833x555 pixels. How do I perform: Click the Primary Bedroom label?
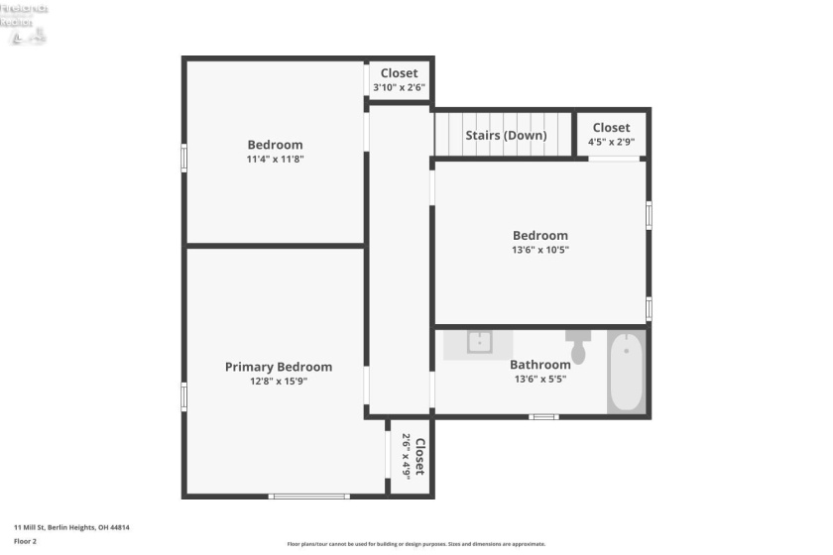point(278,367)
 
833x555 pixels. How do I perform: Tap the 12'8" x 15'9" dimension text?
point(278,382)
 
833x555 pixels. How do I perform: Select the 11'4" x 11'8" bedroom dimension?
point(275,159)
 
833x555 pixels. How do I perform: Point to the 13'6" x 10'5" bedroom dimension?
point(540,250)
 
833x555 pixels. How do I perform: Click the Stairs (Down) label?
point(505,135)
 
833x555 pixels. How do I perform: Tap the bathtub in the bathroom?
point(626,372)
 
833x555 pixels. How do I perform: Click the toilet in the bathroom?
point(578,347)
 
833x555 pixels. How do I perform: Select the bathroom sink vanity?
point(479,343)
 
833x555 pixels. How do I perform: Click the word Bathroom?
point(539,365)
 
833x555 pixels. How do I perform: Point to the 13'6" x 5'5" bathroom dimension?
point(539,379)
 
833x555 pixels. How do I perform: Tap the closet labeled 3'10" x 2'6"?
point(399,80)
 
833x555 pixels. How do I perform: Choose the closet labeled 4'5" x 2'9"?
point(611,134)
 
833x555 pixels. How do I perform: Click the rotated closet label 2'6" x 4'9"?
point(412,457)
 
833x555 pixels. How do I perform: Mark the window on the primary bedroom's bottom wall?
point(308,496)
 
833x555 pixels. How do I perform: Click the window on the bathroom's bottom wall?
point(542,416)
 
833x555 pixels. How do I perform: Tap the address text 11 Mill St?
point(71,527)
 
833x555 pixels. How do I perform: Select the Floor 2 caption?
point(25,541)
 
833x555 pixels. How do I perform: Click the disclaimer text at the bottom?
point(416,544)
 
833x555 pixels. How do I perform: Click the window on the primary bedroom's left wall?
point(183,396)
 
